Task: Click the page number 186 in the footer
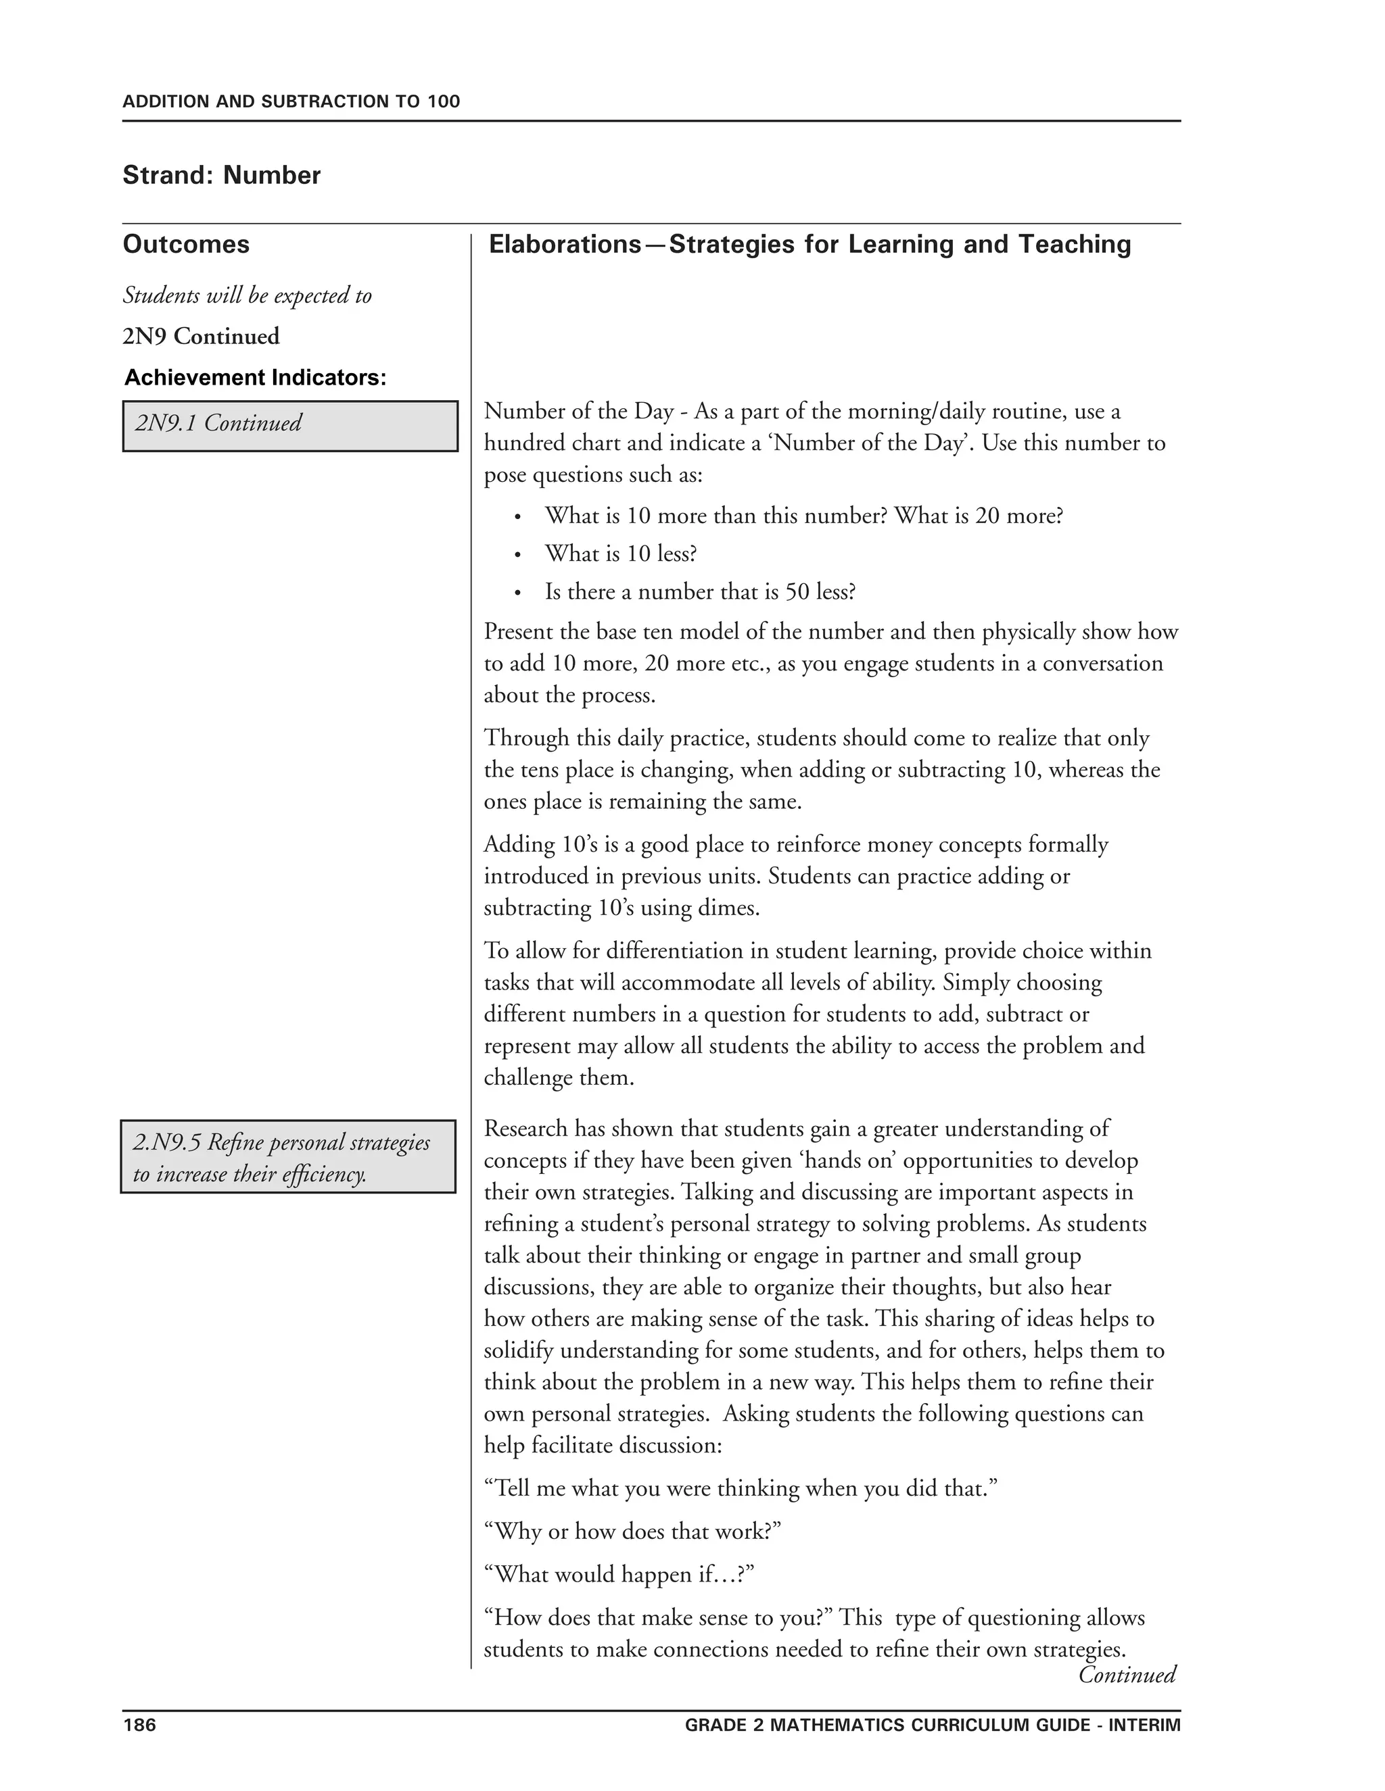[x=139, y=1725]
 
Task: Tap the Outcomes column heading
[x=186, y=245]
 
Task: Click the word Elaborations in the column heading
[x=565, y=245]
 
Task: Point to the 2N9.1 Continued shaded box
[x=289, y=426]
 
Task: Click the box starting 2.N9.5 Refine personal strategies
[x=288, y=1157]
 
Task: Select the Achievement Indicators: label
[x=255, y=378]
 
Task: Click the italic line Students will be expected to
[x=247, y=295]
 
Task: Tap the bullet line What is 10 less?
[x=620, y=554]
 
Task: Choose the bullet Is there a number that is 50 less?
[x=700, y=591]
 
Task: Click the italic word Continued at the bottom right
[x=1127, y=1675]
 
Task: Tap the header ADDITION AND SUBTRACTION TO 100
[x=291, y=101]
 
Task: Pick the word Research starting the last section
[x=525, y=1129]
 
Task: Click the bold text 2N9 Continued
[x=201, y=336]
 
